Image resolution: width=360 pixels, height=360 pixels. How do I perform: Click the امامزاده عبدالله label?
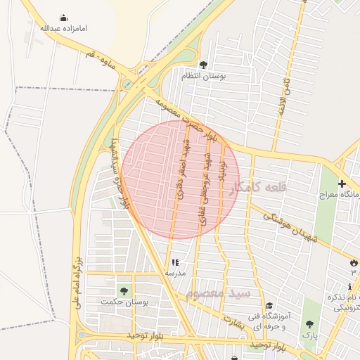[63, 29]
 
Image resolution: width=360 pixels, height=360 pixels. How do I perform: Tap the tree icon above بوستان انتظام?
[204, 64]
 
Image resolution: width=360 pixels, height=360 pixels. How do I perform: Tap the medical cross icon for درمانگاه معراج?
[342, 184]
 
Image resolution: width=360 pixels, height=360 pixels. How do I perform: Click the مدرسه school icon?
[175, 262]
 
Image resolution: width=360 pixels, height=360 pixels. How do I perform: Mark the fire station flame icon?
[352, 262]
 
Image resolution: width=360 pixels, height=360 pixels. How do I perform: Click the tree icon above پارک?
[310, 324]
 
